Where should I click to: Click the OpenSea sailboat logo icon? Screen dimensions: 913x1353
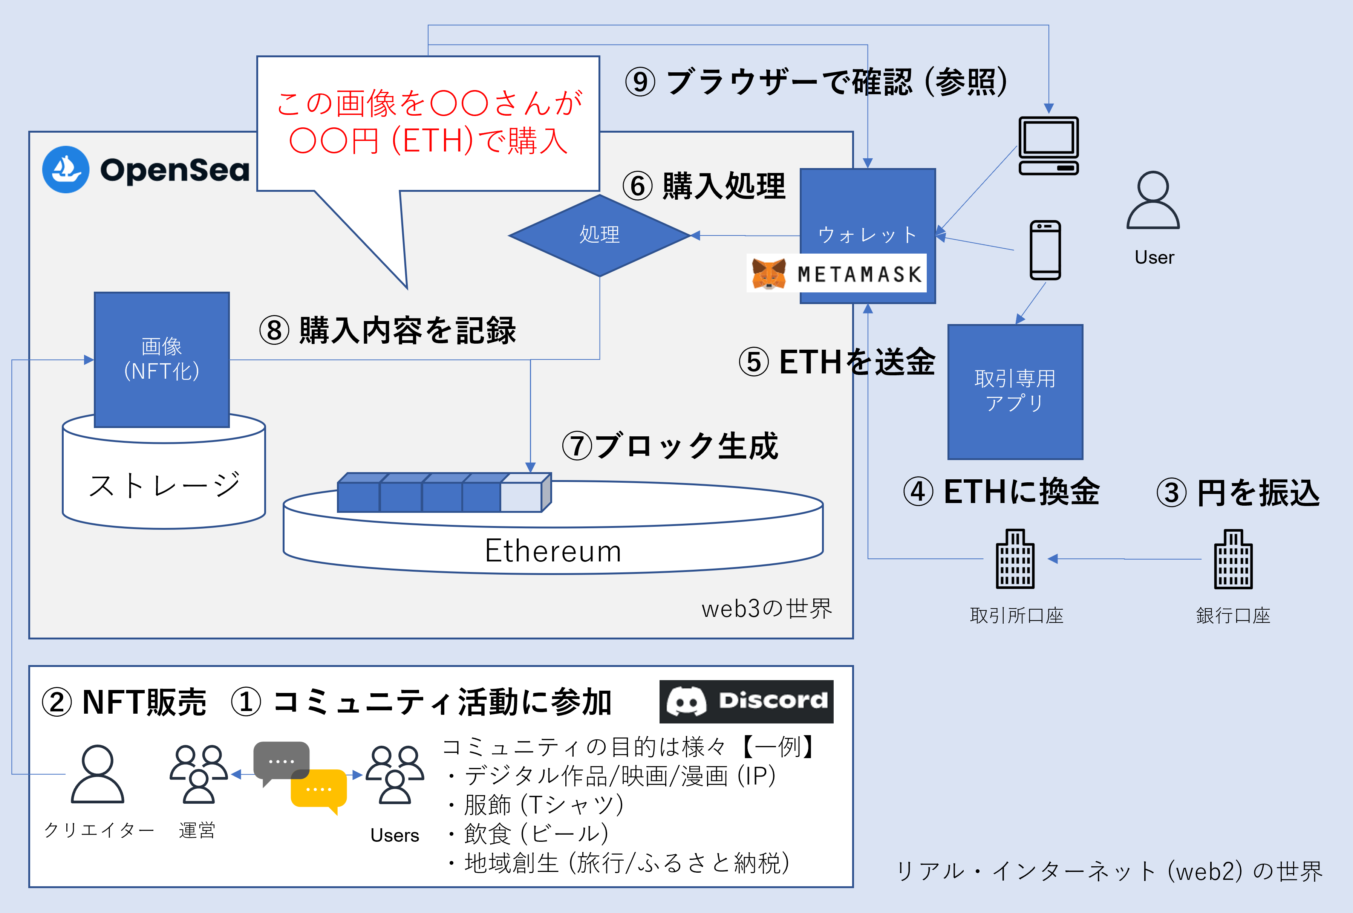66,169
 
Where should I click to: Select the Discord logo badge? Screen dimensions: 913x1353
746,701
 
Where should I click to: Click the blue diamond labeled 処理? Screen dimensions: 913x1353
600,235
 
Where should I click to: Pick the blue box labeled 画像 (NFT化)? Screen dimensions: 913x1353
162,359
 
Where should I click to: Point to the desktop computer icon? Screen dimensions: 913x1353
1048,145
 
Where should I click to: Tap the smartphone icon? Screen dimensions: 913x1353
1045,250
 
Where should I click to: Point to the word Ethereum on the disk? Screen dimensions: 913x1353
553,551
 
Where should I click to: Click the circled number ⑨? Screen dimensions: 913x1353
640,82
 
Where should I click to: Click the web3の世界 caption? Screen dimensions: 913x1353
767,609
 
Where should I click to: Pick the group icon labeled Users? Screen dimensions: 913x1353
395,774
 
